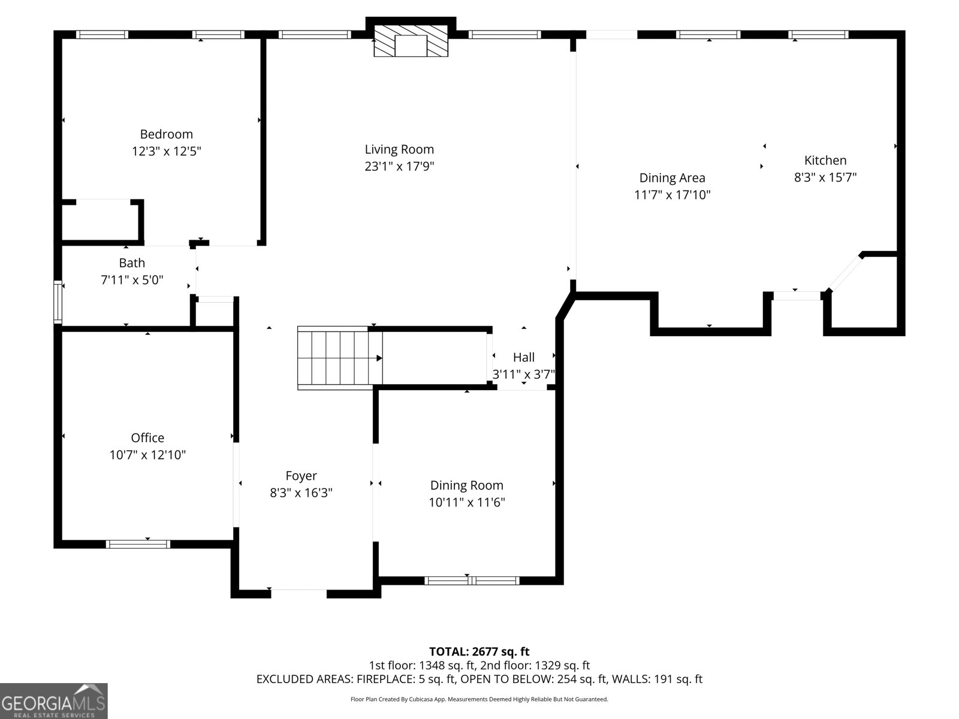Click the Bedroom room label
pos(166,134)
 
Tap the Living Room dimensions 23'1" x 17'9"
pos(399,167)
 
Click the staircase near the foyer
pos(340,358)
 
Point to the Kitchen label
pos(825,160)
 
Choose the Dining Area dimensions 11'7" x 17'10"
pos(672,195)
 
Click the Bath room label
pos(132,262)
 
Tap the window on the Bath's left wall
pos(58,302)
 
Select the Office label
pos(147,438)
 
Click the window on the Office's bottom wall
pos(138,544)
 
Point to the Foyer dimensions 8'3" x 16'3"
pos(301,493)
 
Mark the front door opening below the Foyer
pos(298,593)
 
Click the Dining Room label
pos(466,485)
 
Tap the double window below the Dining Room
pos(472,580)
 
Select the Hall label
pos(523,358)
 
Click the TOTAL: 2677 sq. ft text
pos(479,651)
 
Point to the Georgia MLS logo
pos(54,701)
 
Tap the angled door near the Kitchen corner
pos(846,273)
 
